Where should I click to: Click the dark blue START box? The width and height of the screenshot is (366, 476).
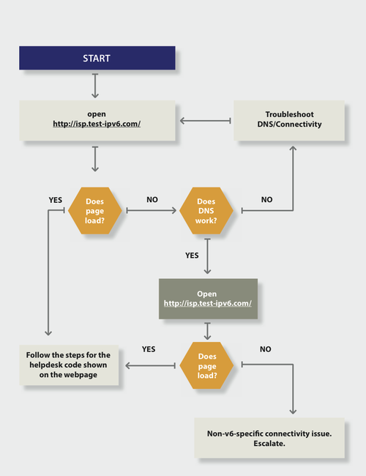97,58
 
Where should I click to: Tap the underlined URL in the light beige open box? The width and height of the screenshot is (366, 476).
97,124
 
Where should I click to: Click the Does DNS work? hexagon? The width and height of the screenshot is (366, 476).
206,210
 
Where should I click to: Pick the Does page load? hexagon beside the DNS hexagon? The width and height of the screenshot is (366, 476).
95,210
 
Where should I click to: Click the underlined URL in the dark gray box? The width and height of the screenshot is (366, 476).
208,303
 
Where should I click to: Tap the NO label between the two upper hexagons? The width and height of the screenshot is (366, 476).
152,199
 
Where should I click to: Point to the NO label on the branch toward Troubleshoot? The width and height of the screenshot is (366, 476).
266,199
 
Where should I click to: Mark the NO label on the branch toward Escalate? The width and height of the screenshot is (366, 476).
265,349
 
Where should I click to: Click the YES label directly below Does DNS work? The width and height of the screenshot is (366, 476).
193,256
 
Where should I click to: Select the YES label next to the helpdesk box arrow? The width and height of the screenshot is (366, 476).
149,349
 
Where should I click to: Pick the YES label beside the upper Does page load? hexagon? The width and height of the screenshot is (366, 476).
55,199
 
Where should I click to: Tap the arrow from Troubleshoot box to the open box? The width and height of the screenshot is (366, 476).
205,120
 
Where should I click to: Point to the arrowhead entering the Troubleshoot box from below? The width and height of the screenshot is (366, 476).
294,149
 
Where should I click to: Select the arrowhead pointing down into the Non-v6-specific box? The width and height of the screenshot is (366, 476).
294,412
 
